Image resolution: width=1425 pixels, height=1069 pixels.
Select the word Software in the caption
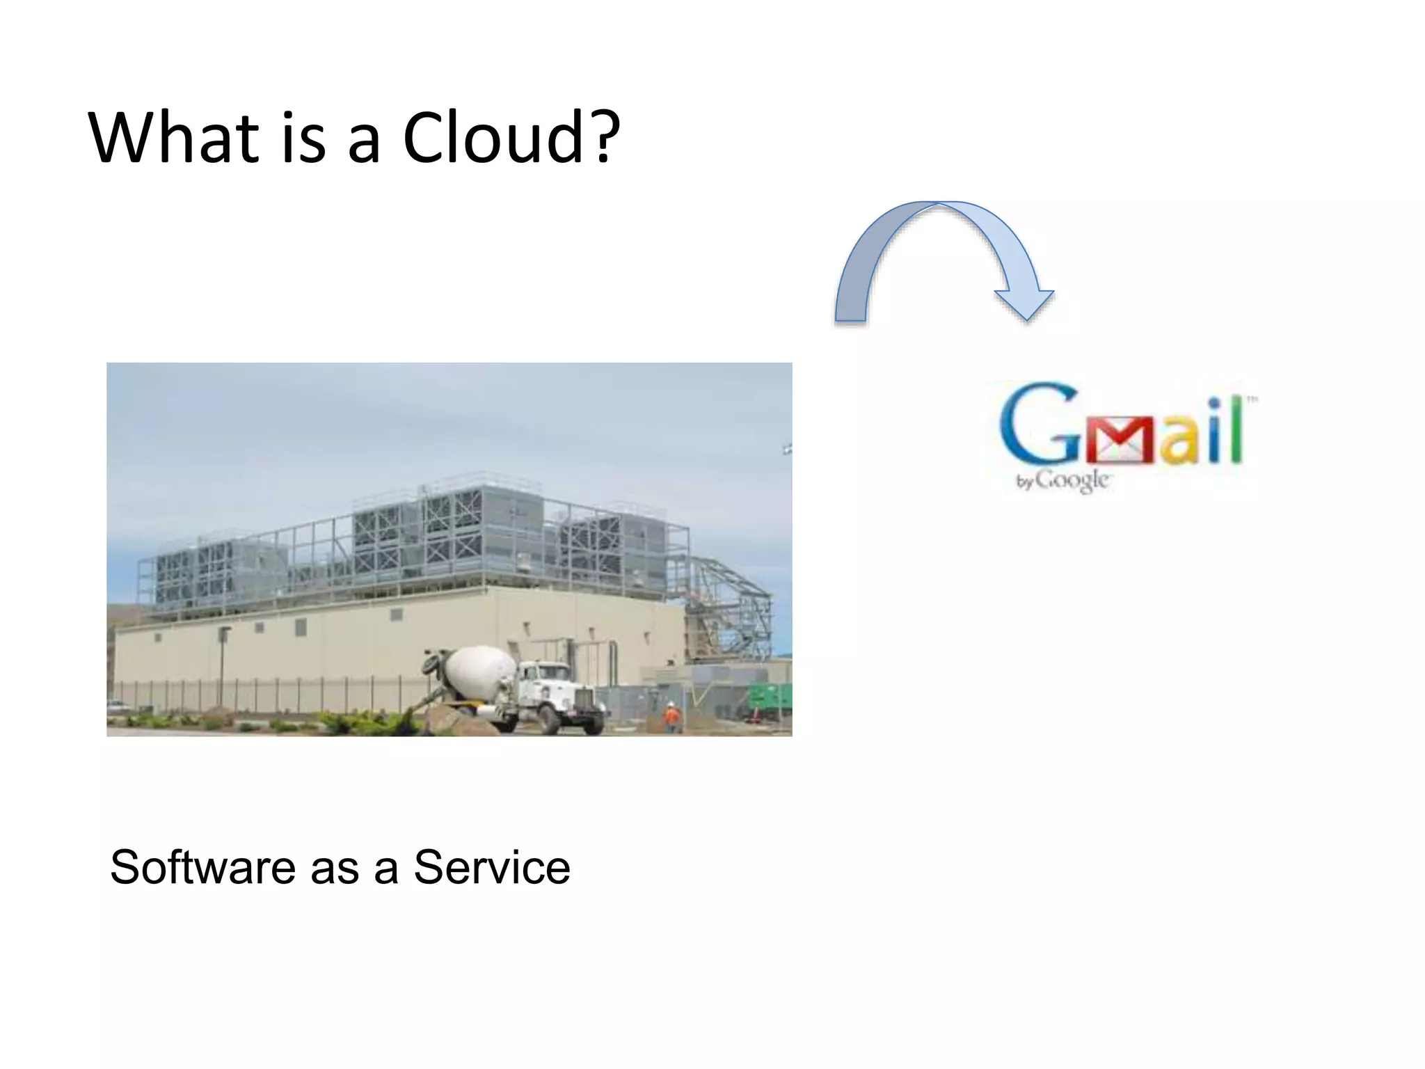(x=202, y=868)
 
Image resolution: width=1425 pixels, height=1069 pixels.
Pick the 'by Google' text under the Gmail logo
(x=1062, y=481)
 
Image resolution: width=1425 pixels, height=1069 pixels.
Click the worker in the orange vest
(x=671, y=717)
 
